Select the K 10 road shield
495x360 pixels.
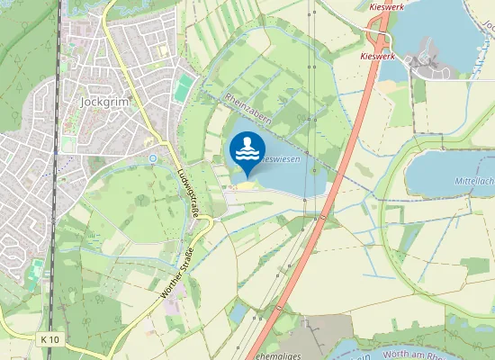pos(50,339)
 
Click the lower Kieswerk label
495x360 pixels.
pos(378,56)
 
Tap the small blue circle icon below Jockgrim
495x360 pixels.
pos(153,158)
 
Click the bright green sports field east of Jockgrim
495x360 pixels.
pos(184,87)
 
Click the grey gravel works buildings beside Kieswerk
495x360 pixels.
pos(423,63)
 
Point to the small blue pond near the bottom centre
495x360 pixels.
pos(238,312)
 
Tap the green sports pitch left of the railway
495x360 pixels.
pos(36,268)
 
